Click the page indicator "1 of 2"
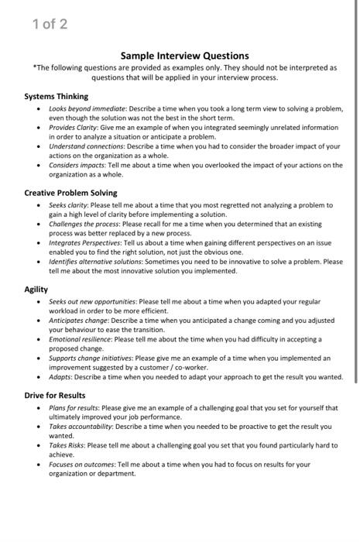50,24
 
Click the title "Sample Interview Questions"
184,56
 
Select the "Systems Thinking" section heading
56,97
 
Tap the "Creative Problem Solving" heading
70,193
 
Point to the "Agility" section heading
36,290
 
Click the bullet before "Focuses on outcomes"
40,465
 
